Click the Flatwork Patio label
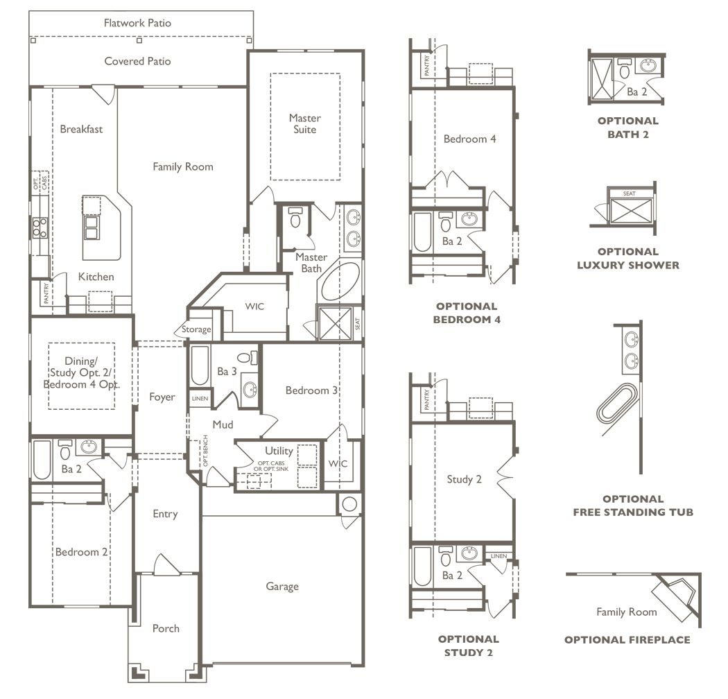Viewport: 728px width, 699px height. point(137,23)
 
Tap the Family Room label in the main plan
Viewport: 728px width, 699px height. point(183,166)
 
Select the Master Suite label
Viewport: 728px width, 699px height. point(305,123)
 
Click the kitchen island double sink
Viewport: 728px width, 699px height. point(91,227)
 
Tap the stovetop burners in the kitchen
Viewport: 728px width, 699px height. point(40,228)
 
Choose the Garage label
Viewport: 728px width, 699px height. point(282,587)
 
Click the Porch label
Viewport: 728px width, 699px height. point(166,628)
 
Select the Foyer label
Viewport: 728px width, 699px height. point(162,397)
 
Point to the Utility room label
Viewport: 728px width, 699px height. point(279,451)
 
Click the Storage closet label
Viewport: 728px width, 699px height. point(196,329)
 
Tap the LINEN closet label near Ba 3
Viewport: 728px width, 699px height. point(200,399)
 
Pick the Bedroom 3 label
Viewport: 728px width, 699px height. point(311,390)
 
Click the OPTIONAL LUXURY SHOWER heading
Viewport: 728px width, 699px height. point(627,258)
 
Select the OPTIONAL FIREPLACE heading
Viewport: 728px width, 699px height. point(627,639)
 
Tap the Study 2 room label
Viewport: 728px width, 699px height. point(464,479)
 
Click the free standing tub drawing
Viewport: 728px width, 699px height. point(616,403)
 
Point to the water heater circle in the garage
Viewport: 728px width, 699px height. point(349,504)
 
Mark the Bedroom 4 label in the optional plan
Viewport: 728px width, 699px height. point(469,139)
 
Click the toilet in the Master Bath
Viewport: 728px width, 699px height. point(295,217)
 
